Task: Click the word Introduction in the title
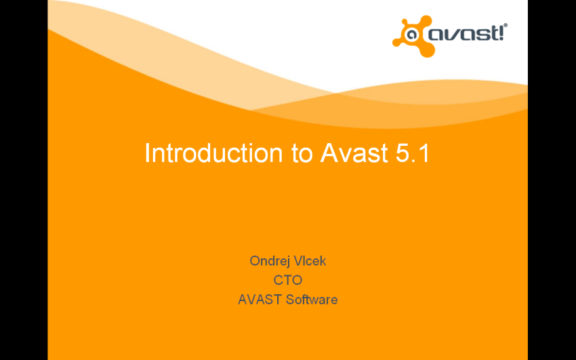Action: coord(213,153)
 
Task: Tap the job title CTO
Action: coord(287,280)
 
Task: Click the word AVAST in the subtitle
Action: coord(260,300)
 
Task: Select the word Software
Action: coord(312,300)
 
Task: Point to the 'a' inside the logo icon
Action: coord(410,35)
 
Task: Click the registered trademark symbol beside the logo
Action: coord(506,25)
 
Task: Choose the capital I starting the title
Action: coord(146,153)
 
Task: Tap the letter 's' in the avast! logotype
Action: coord(478,35)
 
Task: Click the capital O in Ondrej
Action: coord(255,261)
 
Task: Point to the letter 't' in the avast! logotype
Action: coord(491,33)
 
